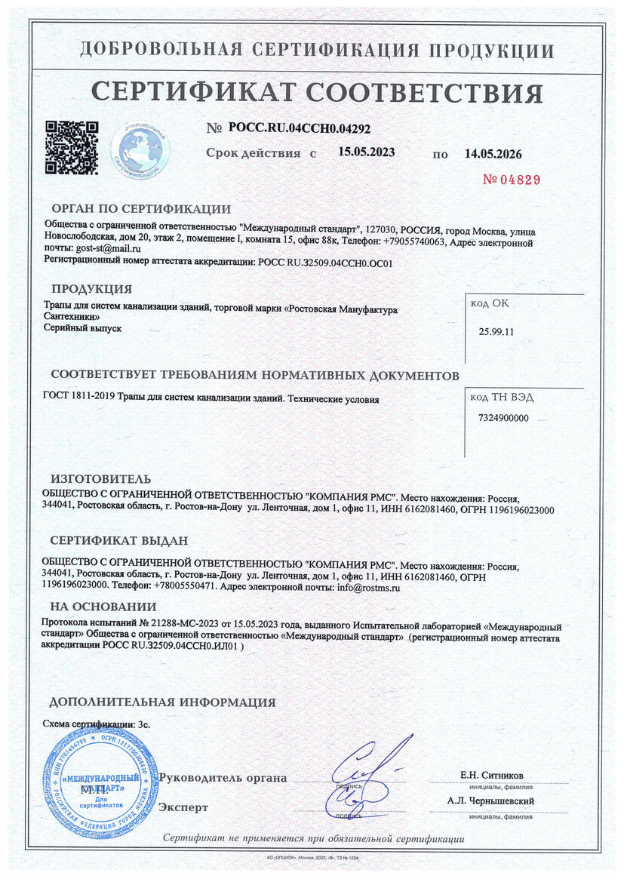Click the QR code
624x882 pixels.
tap(72, 147)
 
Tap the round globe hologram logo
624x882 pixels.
tap(140, 146)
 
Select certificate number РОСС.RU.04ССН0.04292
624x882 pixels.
tap(299, 128)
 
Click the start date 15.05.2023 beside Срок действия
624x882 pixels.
tap(366, 152)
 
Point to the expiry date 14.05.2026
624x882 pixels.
tap(493, 154)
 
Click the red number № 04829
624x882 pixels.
tap(512, 180)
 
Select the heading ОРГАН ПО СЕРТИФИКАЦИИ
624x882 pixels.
tap(141, 209)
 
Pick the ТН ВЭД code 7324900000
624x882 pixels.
tap(503, 417)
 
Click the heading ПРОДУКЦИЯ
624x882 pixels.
tap(91, 289)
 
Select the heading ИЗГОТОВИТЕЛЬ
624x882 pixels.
tap(100, 479)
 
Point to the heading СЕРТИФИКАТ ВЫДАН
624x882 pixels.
tap(119, 541)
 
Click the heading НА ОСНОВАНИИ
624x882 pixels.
tap(103, 607)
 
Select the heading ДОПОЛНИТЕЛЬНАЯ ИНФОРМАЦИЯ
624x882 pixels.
tap(162, 702)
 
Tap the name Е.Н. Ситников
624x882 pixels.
tap(491, 776)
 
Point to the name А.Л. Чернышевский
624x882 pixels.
tap(490, 801)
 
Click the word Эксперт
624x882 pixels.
tap(183, 807)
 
